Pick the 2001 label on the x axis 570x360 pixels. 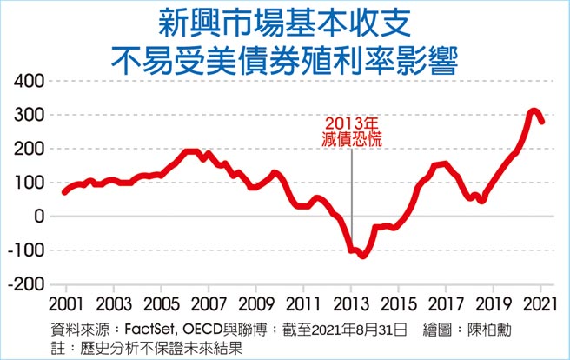[x=66, y=306]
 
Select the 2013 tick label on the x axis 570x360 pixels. [x=351, y=306]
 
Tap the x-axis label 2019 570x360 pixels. [x=494, y=306]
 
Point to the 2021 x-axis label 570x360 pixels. [x=540, y=306]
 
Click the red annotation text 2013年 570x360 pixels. [x=352, y=123]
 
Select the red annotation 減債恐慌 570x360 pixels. [x=352, y=139]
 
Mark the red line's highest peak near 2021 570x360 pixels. [x=532, y=111]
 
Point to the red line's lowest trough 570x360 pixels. [x=363, y=256]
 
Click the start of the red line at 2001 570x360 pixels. [x=64, y=191]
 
